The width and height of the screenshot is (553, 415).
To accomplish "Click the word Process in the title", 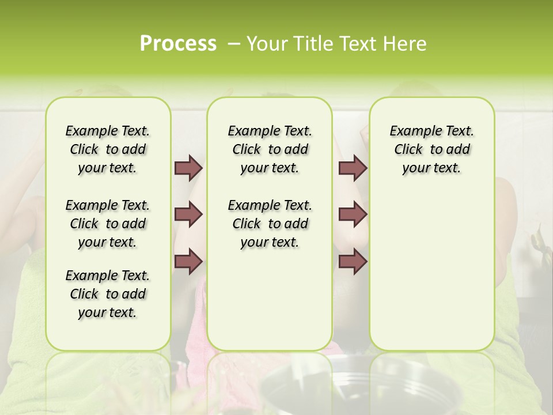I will point(178,44).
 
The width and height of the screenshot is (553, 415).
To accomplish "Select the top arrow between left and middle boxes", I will point(188,168).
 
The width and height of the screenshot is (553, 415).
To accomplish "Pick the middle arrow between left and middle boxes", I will point(188,214).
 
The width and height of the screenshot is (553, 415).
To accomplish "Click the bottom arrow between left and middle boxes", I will point(188,261).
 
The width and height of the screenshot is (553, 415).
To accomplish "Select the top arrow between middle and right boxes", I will point(353,168).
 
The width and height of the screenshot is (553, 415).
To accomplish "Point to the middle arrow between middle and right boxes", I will point(353,214).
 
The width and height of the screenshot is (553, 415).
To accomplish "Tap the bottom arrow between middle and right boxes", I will point(353,261).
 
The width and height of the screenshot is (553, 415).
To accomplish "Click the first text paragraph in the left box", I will point(108,149).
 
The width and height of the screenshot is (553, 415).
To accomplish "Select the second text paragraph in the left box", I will point(108,224).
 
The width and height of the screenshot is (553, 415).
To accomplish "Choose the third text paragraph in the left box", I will point(108,294).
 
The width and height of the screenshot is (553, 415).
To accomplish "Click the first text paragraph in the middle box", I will point(270,149).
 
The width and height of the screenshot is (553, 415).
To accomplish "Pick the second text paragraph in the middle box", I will point(270,224).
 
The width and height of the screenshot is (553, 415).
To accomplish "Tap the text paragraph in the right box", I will point(432,149).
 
